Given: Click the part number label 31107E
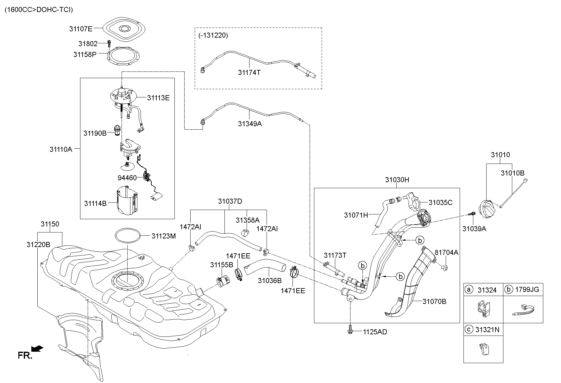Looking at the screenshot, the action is pos(81,29).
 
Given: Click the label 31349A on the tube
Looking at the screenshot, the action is pos(250,124).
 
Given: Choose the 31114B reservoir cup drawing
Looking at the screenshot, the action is pos(127,201).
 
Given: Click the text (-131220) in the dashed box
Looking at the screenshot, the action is pos(213,35).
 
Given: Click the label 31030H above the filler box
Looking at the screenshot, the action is pos(397,180).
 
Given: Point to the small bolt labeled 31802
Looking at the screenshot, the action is pos(109,44).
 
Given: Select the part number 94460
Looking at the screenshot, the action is pos(127,178).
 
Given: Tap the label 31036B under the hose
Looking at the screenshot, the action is pos(269,281).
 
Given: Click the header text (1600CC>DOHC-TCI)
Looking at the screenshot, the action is pos(39,10).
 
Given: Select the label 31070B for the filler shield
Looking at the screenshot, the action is pos(434,301).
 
